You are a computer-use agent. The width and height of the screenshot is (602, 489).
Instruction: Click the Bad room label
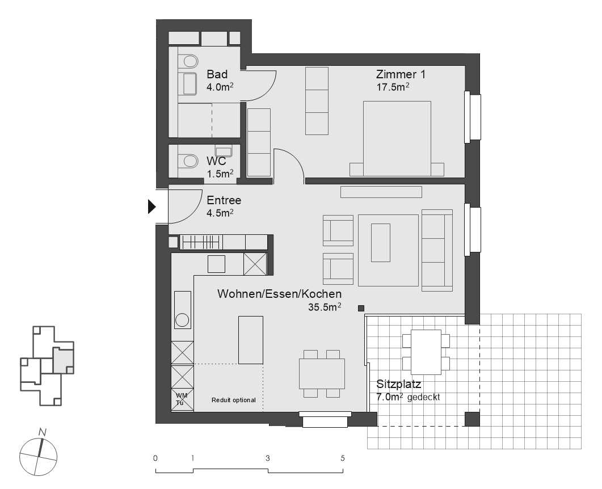[x=217, y=74]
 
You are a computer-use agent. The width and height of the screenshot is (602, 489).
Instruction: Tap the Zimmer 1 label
[x=401, y=74]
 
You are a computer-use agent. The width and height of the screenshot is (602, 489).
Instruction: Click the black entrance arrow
[x=151, y=207]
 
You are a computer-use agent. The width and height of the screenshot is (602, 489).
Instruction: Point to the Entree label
[x=224, y=200]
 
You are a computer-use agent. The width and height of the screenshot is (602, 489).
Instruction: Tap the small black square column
[x=361, y=308]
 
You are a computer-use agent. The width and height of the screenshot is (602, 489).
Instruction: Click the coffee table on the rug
[x=381, y=243]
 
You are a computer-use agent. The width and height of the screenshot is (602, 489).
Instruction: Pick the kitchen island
[x=251, y=340]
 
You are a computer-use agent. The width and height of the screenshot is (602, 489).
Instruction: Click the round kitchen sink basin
[x=182, y=320]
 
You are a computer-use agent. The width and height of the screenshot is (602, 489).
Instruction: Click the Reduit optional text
[x=233, y=401]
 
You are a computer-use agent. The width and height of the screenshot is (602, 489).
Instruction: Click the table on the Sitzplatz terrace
[x=426, y=352]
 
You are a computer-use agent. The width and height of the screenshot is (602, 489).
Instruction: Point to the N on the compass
[x=41, y=432]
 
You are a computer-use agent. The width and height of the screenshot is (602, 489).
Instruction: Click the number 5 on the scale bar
[x=342, y=458]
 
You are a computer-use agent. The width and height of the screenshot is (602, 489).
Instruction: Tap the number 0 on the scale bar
[x=155, y=458]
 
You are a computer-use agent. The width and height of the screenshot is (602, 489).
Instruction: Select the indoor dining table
[x=322, y=373]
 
